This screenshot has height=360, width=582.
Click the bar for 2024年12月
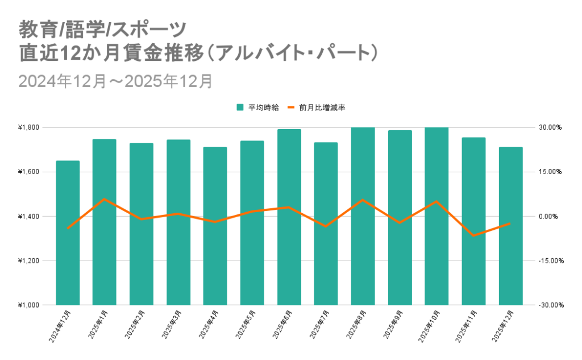pos(68,233)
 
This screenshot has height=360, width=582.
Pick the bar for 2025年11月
pos(473,222)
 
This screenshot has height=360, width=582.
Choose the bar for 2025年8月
pos(363,216)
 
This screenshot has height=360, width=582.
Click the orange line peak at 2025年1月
pos(104,199)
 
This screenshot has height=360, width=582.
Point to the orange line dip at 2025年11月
pos(473,235)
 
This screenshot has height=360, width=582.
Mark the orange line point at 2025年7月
pos(326,226)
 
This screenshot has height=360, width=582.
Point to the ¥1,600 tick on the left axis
pos(28,172)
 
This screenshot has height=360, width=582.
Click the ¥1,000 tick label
pos(28,305)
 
